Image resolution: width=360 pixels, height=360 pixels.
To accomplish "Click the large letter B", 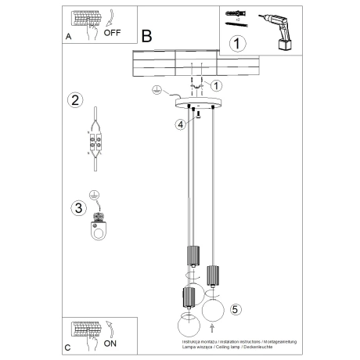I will [x=147, y=35].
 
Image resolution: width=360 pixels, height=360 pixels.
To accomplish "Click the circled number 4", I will [x=181, y=123].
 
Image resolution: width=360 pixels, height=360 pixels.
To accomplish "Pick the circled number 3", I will [x=78, y=207].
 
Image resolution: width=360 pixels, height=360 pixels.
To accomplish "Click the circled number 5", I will [x=236, y=308].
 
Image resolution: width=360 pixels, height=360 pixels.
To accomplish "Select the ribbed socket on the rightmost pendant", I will [x=212, y=276].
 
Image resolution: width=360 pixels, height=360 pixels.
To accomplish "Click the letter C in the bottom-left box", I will [x=68, y=345].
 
